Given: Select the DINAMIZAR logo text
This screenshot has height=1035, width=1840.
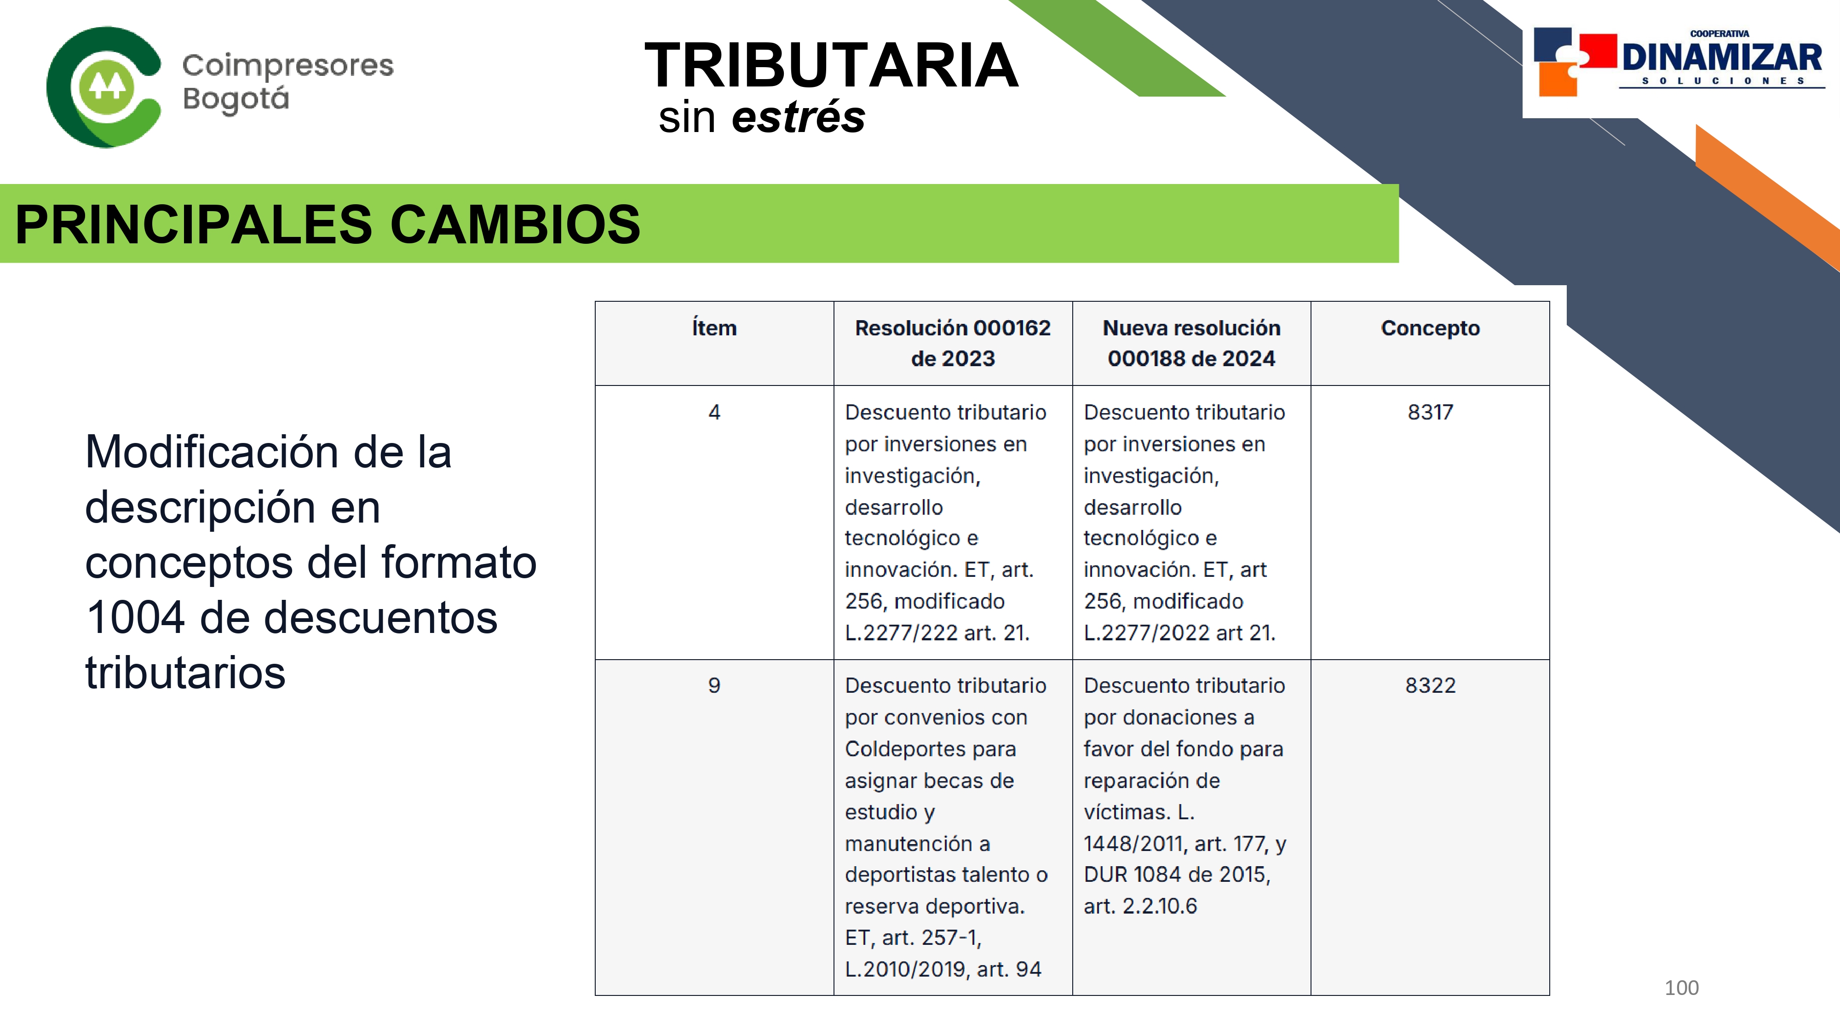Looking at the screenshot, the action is click(x=1721, y=57).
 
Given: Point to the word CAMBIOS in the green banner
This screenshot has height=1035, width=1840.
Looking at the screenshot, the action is click(x=515, y=224).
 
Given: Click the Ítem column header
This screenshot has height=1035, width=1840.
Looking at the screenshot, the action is click(x=714, y=328).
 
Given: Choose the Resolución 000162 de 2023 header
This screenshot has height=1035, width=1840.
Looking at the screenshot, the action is click(x=953, y=343).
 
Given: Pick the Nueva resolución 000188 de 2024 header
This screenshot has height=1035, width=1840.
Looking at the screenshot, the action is click(x=1191, y=343).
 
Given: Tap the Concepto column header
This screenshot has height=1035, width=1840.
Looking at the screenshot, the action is click(x=1430, y=328).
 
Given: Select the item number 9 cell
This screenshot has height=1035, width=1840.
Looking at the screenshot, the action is click(x=714, y=686).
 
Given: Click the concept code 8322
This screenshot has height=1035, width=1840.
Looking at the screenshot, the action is click(x=1430, y=686).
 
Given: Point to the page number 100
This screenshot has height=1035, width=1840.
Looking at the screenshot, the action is click(x=1681, y=988).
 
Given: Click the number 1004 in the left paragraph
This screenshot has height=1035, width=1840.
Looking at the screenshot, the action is click(x=136, y=617).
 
